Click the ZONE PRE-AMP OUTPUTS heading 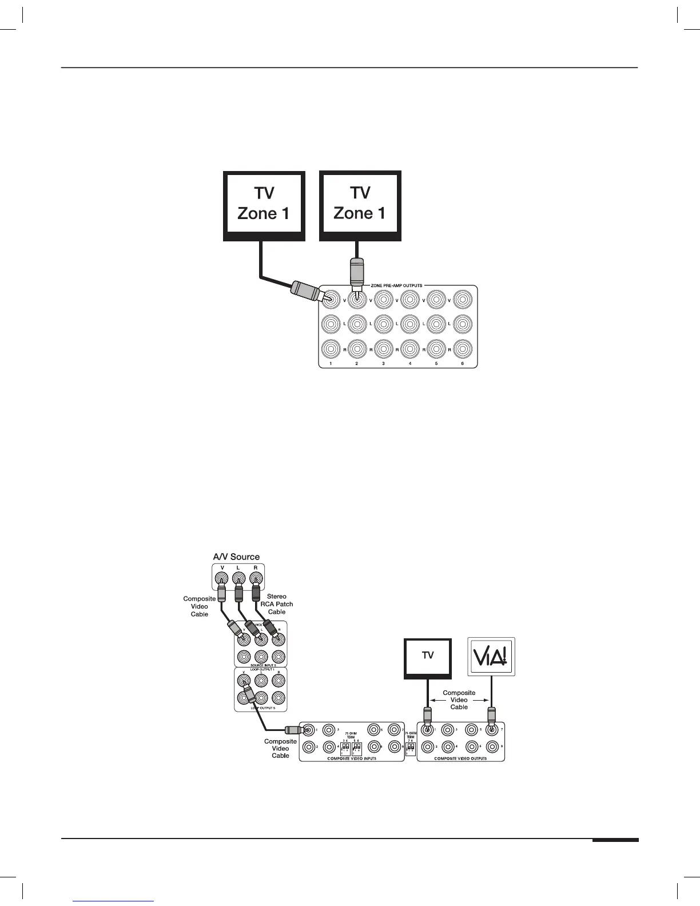tap(400, 285)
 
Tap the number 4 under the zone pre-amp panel tap(410, 363)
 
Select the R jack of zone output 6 tap(463, 349)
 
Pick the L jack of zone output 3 tap(383, 324)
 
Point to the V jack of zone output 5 tap(436, 299)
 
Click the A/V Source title tap(236, 557)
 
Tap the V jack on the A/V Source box tap(222, 579)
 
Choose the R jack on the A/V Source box tap(256, 579)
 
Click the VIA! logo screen tap(491, 657)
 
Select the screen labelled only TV tap(428, 656)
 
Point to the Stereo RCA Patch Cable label tap(277, 604)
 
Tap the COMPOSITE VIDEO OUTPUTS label tap(461, 759)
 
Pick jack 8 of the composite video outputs tap(491, 746)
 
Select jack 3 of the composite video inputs tap(329, 730)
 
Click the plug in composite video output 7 tap(491, 716)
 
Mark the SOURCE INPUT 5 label tap(260, 665)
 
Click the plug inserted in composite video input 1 tap(294, 730)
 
